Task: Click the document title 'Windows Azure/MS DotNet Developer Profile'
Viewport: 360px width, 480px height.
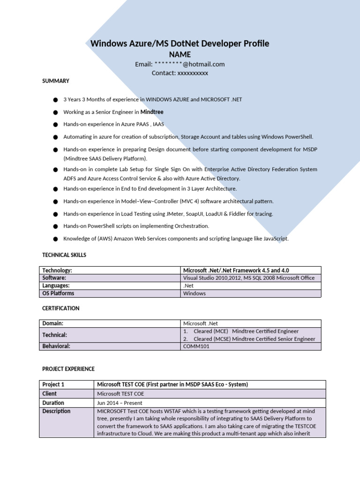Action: (x=180, y=44)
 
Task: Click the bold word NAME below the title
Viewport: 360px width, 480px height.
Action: (x=180, y=54)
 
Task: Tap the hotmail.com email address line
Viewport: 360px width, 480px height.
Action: (x=180, y=64)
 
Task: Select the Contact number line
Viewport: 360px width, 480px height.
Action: (x=180, y=73)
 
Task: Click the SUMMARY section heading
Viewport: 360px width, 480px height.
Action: (x=56, y=81)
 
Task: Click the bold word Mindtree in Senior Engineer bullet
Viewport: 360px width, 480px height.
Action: (x=152, y=112)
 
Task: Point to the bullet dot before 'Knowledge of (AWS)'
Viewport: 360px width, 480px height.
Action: (x=56, y=239)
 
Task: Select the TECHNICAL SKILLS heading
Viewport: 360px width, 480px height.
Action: (x=64, y=255)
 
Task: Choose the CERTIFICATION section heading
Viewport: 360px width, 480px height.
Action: (x=61, y=308)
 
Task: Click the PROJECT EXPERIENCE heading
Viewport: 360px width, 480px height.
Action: (x=68, y=369)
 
